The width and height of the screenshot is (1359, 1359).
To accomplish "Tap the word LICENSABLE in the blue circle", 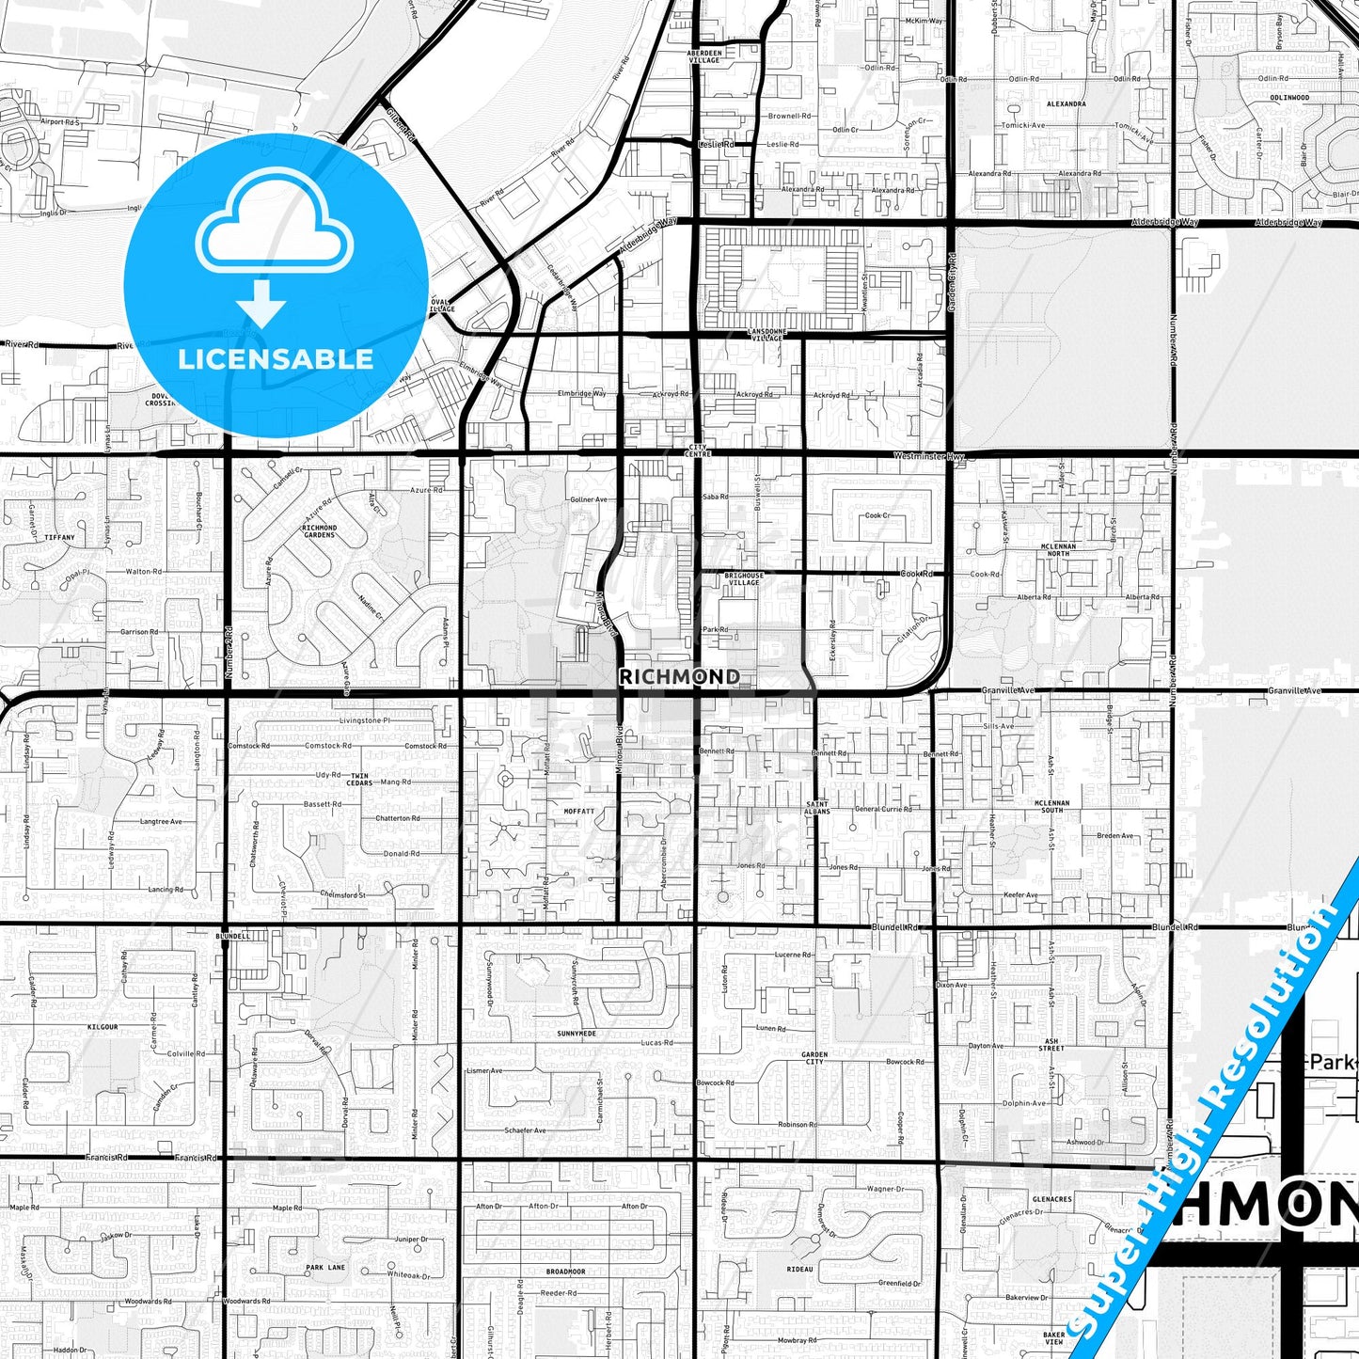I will (276, 358).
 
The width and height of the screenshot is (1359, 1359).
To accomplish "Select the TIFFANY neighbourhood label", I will (59, 537).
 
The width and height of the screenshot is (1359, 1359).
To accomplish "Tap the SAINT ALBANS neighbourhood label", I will (817, 807).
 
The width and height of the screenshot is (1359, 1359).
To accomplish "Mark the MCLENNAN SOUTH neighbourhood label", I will (1051, 806).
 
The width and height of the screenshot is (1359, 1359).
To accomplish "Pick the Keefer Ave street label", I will (1020, 894).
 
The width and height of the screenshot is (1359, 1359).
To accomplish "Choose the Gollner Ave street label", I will (588, 499).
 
